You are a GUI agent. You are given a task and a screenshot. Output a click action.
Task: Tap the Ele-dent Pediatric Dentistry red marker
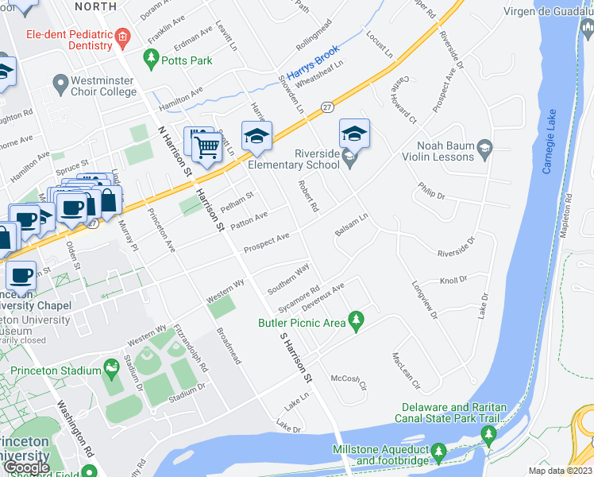click(x=121, y=37)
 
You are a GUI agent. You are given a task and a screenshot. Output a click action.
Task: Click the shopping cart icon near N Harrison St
click(x=206, y=146)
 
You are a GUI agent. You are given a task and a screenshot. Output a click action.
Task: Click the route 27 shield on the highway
click(x=327, y=106)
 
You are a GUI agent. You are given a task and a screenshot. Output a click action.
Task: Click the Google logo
click(x=26, y=467)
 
